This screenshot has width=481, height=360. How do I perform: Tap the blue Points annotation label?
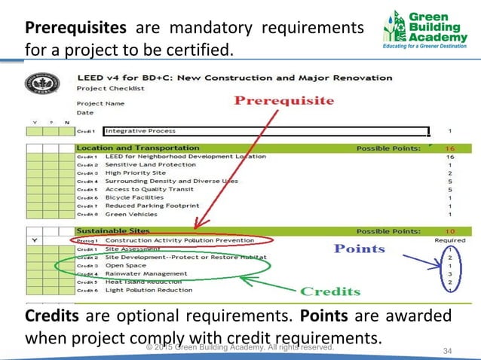tap(360, 248)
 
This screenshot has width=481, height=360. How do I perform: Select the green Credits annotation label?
tap(331, 291)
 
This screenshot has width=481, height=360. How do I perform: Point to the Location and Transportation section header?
tap(138, 148)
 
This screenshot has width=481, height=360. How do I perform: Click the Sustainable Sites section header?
tap(113, 230)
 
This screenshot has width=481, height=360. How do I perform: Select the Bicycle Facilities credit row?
tap(133, 197)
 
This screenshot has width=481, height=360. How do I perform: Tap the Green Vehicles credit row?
tap(130, 214)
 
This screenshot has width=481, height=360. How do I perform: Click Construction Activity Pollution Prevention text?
tap(181, 239)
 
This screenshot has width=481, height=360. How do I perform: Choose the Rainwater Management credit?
tap(146, 273)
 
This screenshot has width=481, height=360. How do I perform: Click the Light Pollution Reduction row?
tap(149, 290)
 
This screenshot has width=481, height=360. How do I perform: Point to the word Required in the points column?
tap(450, 239)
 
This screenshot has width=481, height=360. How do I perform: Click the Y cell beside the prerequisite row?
tap(33, 240)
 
